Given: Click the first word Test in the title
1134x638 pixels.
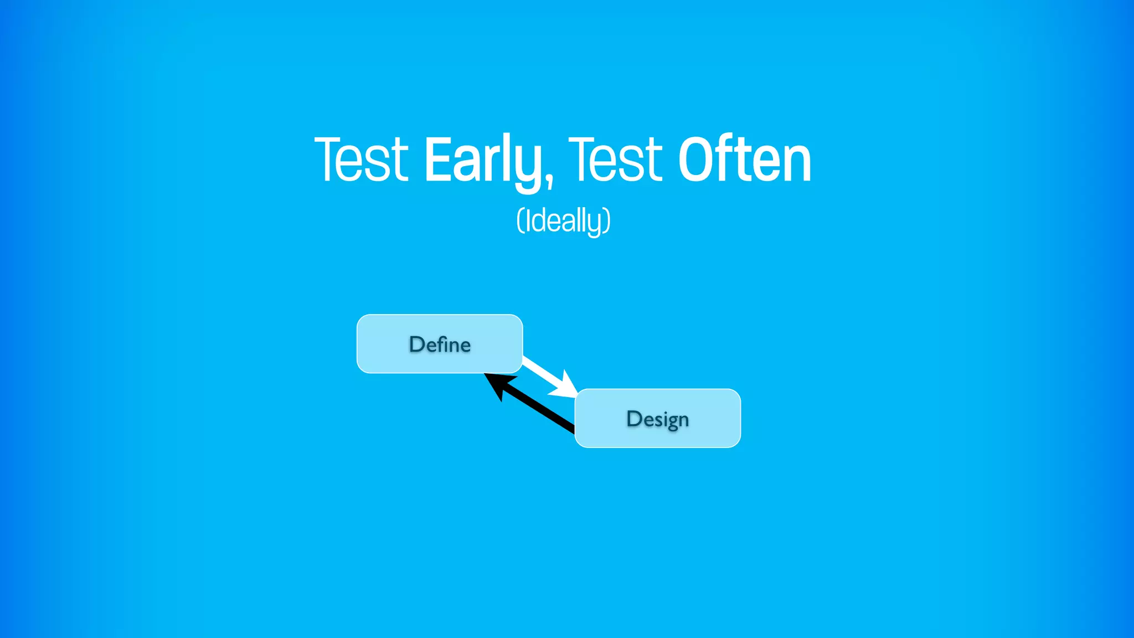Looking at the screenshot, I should coord(362,161).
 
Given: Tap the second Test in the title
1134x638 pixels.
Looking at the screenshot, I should coord(615,161).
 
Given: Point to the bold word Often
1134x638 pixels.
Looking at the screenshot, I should coord(744,161).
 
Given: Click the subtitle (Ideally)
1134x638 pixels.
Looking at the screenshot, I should coord(563,221).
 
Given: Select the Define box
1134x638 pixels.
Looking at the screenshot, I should coord(440,344).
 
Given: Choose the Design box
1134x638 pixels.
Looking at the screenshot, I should coord(657,418).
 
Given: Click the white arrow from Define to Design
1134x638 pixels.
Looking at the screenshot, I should coord(543,373).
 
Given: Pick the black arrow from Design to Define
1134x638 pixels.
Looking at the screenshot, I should coord(537,407).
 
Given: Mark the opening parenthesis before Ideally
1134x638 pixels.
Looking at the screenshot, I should coord(520,221).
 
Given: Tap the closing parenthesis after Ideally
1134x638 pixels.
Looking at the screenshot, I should coord(607,221).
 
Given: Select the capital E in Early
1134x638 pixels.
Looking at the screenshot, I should coord(437,161).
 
